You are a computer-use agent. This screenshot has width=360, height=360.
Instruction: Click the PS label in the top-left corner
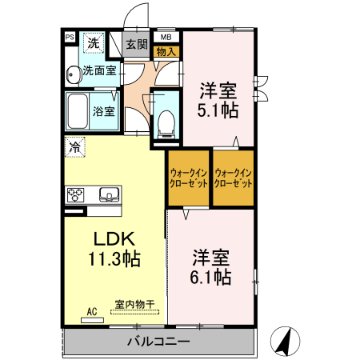coord(69,37)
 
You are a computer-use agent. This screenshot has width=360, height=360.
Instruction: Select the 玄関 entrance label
coord(137,44)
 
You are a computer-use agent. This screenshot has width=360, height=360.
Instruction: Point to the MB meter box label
coord(166,37)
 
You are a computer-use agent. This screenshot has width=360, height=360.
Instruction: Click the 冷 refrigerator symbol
coord(74,146)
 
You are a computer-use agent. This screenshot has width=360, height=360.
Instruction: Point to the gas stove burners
coord(77,194)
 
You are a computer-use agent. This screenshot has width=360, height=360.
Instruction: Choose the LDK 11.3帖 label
coord(114,249)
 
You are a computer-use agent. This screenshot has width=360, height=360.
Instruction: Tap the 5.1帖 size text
coord(218,111)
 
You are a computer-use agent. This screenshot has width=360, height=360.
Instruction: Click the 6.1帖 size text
coord(212,278)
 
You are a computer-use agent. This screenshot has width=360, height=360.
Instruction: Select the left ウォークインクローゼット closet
coord(189,177)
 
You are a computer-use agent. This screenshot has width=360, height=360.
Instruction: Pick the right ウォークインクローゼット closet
coord(234,177)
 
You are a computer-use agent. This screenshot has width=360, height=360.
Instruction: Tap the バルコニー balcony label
coord(158,342)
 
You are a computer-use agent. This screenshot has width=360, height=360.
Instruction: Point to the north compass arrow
coord(282,339)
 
